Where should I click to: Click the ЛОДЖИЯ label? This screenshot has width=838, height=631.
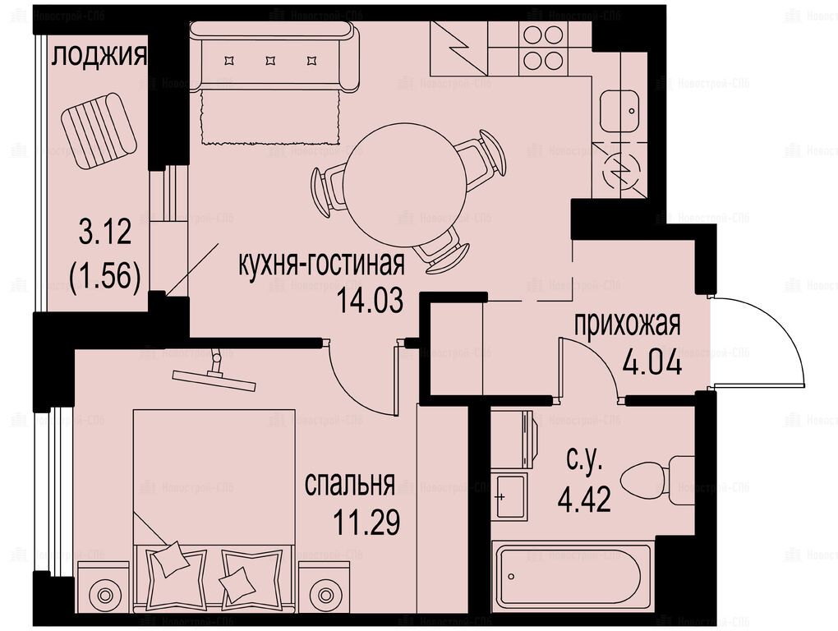point(99,56)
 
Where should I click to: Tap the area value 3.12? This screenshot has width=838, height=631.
point(105,233)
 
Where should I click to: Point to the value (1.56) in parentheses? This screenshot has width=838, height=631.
point(105,278)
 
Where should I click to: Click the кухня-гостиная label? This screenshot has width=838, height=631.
point(321,264)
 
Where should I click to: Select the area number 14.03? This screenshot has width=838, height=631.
point(370,302)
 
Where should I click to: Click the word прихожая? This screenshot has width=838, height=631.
point(627,325)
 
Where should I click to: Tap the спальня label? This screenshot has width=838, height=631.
point(349,485)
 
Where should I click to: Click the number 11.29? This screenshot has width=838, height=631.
point(366,522)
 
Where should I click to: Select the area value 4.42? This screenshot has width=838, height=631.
point(584,500)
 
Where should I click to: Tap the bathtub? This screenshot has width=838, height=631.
point(572,577)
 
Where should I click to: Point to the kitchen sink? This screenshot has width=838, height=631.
point(619,112)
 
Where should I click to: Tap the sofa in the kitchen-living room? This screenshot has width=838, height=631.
point(274,58)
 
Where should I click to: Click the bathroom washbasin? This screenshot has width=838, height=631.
point(509,495)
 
